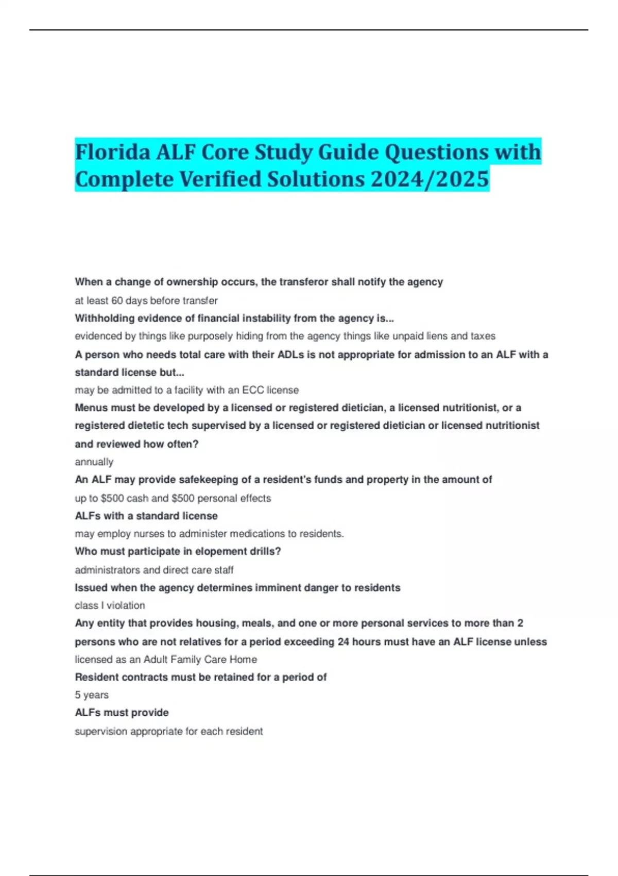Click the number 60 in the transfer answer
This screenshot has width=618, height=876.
click(x=117, y=300)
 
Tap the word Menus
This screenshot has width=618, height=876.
click(x=91, y=408)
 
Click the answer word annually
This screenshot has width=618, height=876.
click(x=94, y=462)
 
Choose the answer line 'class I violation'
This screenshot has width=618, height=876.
click(x=110, y=605)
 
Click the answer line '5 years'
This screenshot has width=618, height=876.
click(x=92, y=695)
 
